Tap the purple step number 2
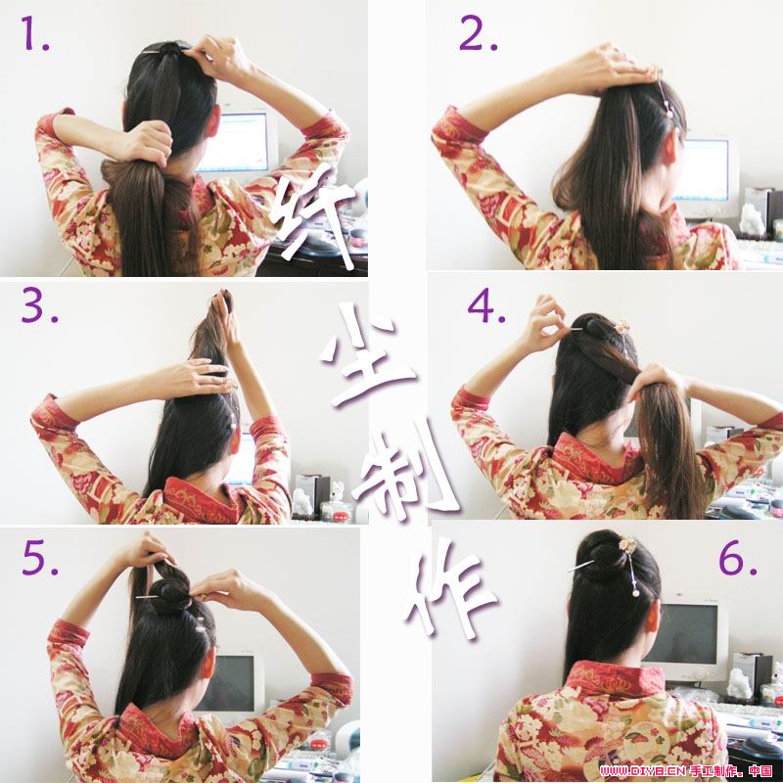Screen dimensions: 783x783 point(478,33)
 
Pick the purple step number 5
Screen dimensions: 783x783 point(40,557)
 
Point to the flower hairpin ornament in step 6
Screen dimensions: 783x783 point(626,544)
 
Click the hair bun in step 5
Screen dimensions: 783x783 point(169,592)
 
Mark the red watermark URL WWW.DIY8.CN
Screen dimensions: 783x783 point(643,771)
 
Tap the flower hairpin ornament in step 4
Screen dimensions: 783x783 point(622,327)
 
